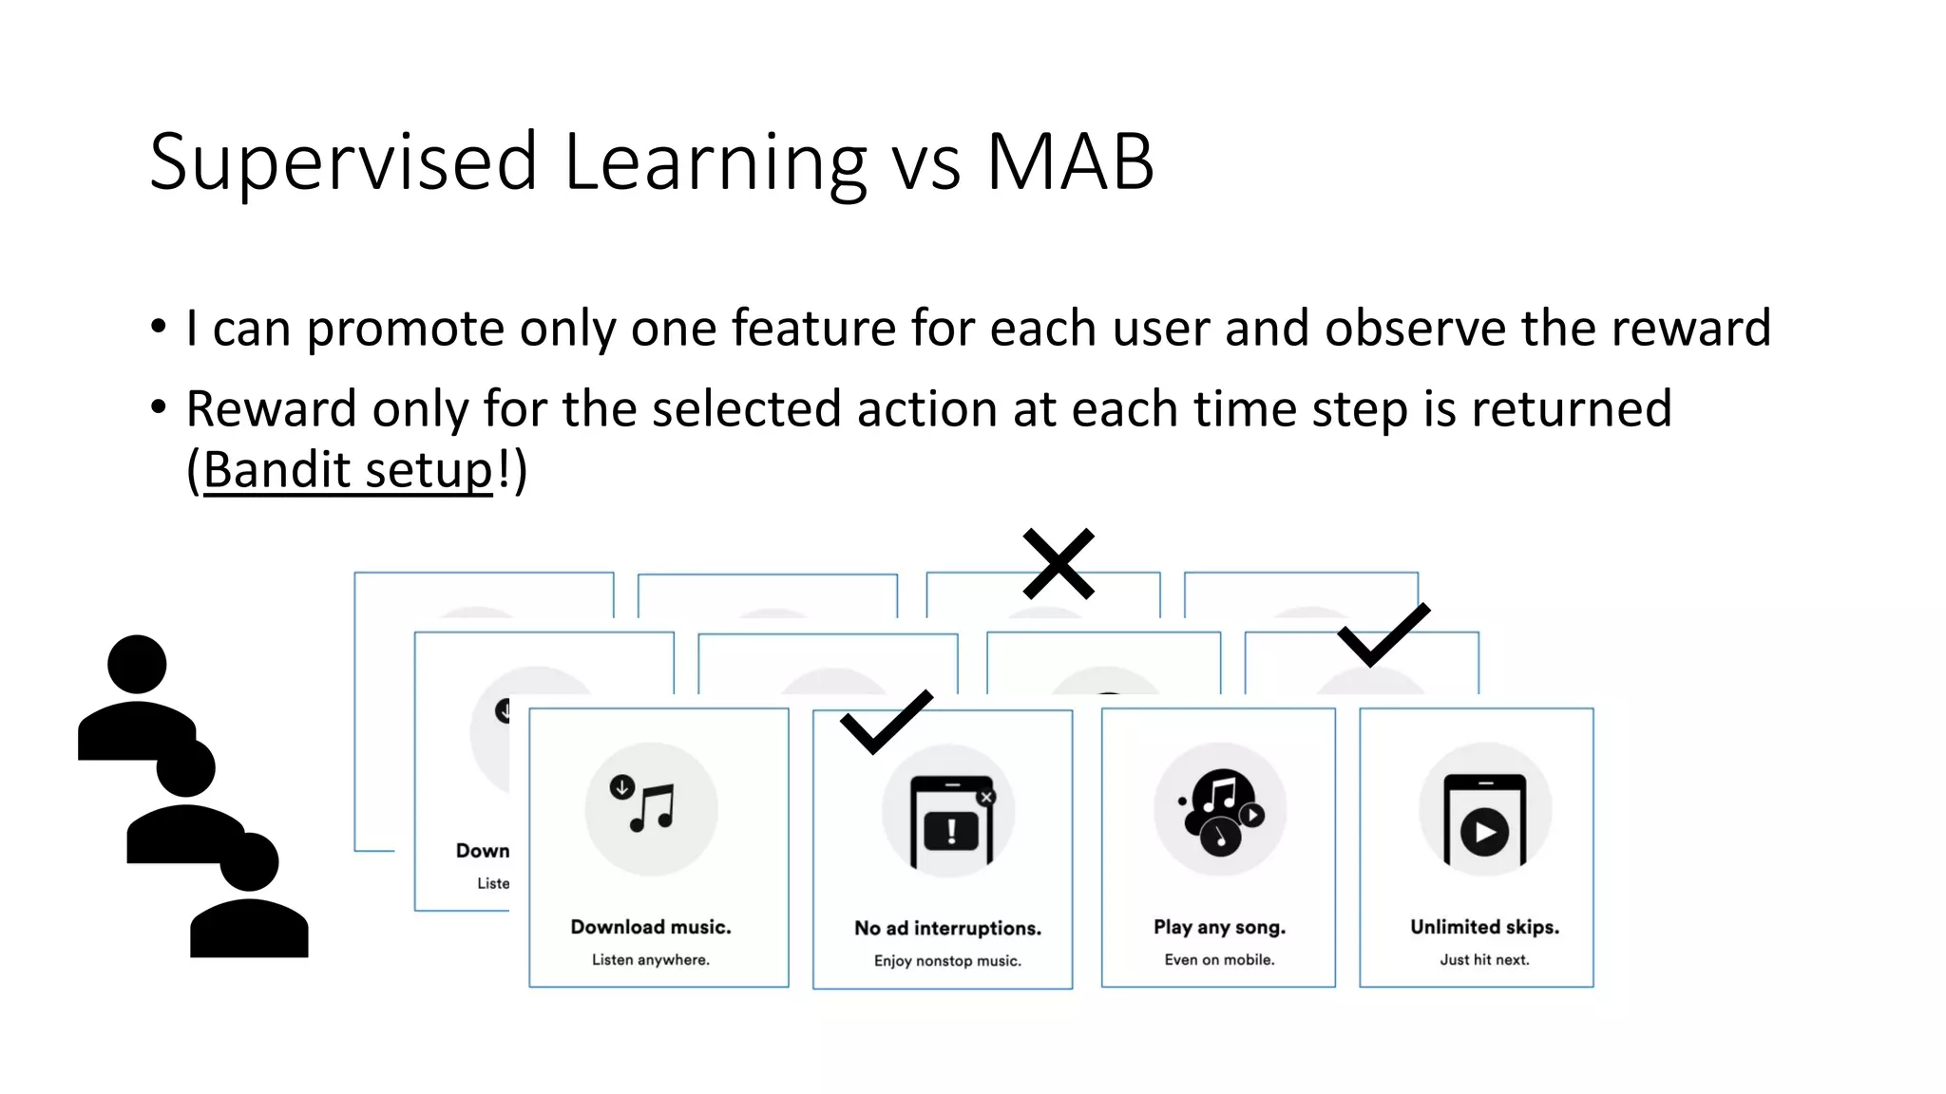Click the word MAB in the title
pyautogui.click(x=1070, y=161)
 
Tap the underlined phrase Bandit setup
pyautogui.click(x=348, y=470)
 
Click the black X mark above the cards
pyautogui.click(x=1059, y=564)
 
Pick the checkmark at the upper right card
pyautogui.click(x=1383, y=634)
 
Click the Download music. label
pyautogui.click(x=651, y=927)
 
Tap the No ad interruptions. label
pyautogui.click(x=947, y=928)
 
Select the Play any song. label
pyautogui.click(x=1219, y=927)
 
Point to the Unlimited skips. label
pyautogui.click(x=1484, y=927)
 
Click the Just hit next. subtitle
pyautogui.click(x=1484, y=960)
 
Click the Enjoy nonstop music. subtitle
pyautogui.click(x=947, y=961)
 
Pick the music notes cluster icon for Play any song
pyautogui.click(x=1220, y=810)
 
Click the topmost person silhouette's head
pyautogui.click(x=137, y=664)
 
